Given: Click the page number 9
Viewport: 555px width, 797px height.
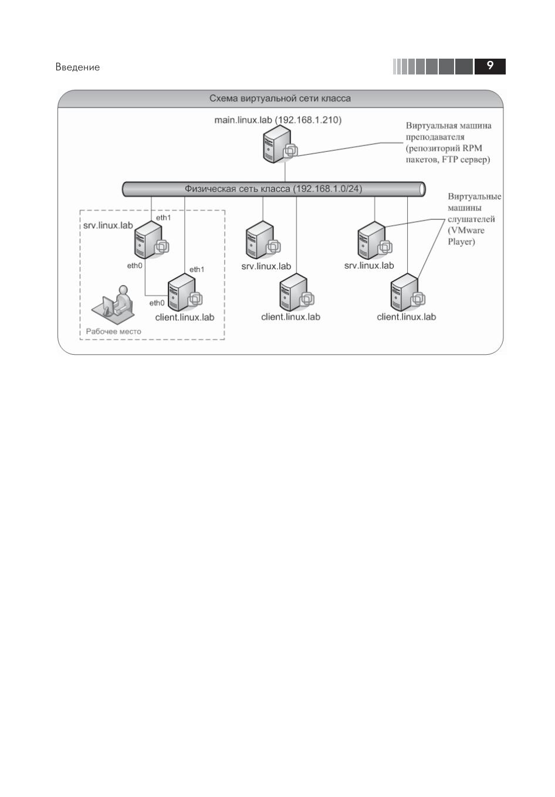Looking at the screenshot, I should click(x=490, y=66).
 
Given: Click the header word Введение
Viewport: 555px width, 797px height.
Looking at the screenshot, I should click(x=77, y=67).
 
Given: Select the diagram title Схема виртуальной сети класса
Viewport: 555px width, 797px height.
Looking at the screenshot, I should click(x=280, y=99).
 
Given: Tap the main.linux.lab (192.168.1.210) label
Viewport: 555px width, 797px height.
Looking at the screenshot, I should click(x=277, y=120).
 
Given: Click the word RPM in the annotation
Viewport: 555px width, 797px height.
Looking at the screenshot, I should click(x=472, y=148).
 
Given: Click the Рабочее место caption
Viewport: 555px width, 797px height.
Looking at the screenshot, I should click(x=113, y=331).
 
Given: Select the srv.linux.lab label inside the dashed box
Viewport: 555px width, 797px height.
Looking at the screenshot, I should click(x=108, y=225).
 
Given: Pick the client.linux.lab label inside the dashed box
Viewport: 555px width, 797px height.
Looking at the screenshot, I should click(x=185, y=317).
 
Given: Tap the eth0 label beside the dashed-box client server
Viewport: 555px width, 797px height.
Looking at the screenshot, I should click(x=157, y=303).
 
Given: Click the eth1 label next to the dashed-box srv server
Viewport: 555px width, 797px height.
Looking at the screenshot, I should click(x=163, y=218).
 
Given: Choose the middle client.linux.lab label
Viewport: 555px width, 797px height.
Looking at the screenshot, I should click(x=290, y=317).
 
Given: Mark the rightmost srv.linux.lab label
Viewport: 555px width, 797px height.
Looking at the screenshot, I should click(x=369, y=266).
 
